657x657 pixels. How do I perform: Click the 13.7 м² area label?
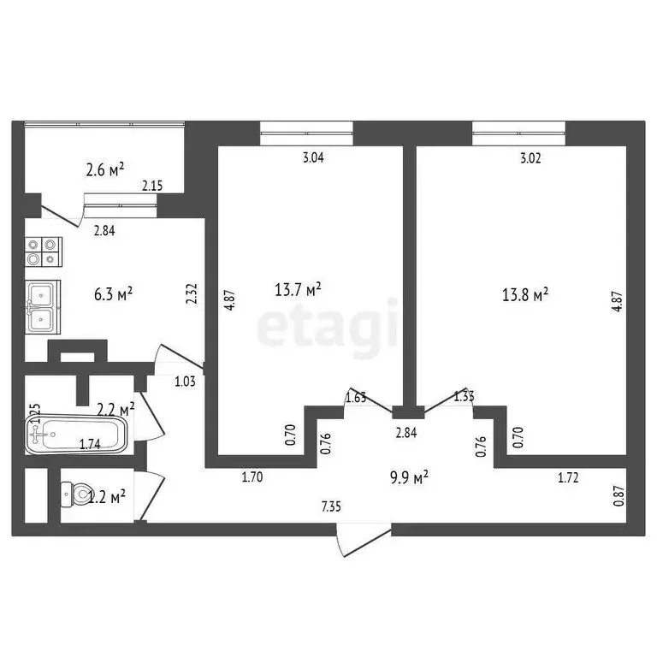coord(297,291)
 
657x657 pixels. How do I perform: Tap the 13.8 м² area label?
coord(524,295)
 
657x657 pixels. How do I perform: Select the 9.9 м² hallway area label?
coord(407,477)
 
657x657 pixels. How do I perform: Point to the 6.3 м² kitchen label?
coord(112,294)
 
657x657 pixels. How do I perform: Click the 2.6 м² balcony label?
coord(107,169)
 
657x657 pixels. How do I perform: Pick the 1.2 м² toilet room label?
coord(109,494)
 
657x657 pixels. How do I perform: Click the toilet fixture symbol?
coord(76,494)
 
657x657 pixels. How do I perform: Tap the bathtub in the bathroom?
coord(76,435)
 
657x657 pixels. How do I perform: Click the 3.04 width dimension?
coord(315,157)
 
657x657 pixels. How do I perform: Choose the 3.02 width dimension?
coord(530,157)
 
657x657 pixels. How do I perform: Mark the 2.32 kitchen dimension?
coord(193,296)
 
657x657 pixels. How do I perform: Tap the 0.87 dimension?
coord(619,497)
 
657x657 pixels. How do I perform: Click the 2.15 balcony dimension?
coord(152,186)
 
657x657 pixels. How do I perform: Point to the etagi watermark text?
coord(328,327)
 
